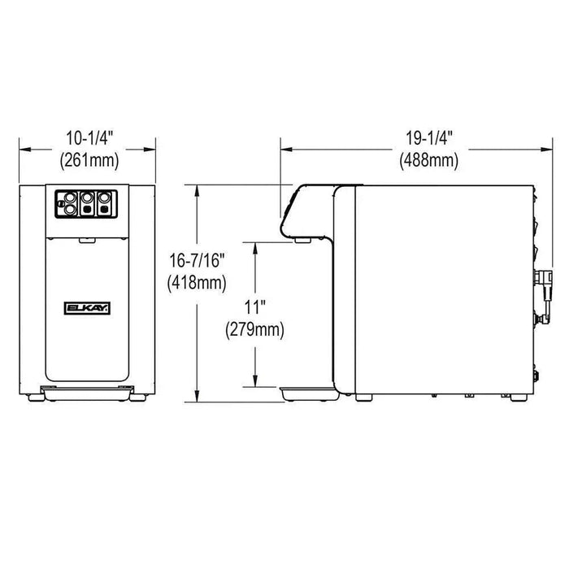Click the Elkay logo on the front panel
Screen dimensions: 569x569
(x=88, y=308)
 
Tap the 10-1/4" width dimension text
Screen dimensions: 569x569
(x=89, y=138)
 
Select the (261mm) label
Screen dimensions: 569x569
(x=89, y=160)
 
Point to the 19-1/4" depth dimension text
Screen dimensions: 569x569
(x=429, y=138)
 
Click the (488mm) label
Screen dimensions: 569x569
(x=429, y=160)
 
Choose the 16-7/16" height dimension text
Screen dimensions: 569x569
(x=197, y=261)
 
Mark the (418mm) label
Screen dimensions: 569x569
(x=197, y=283)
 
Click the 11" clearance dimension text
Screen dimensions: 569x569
(x=254, y=308)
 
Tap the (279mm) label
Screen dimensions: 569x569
(x=254, y=330)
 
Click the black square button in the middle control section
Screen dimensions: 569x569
(x=87, y=210)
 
